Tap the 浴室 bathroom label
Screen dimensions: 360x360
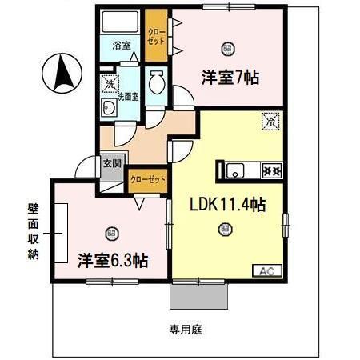[x=121, y=45]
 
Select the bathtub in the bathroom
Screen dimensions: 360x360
[x=122, y=22]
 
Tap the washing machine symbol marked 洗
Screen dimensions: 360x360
[x=108, y=82]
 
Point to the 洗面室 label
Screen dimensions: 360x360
[x=127, y=97]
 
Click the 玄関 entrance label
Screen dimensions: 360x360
[x=112, y=165]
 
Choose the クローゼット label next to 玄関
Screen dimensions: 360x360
[x=148, y=179]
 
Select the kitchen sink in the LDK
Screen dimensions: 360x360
[x=238, y=170]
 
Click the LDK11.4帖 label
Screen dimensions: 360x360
[x=227, y=205]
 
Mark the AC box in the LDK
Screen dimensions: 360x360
[x=266, y=271]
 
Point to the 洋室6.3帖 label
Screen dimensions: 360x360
[x=112, y=260]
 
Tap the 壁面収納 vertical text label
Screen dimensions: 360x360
[x=33, y=233]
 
